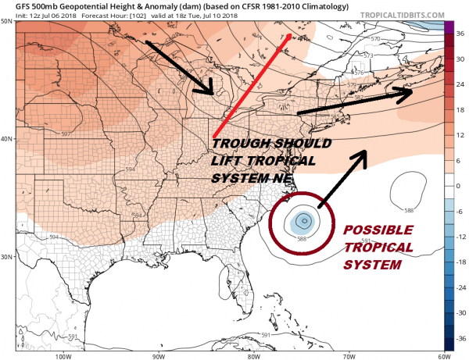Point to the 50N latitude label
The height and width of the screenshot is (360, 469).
pyautogui.click(x=9, y=22)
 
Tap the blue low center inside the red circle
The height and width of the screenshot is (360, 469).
pyautogui.click(x=302, y=220)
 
